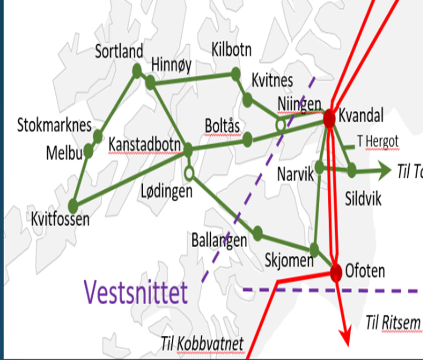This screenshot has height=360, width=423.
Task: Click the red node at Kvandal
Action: tap(330, 118)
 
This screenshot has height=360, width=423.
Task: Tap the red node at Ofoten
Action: tap(336, 272)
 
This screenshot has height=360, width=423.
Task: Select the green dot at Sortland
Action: tap(137, 70)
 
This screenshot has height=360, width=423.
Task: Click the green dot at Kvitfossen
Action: tap(74, 204)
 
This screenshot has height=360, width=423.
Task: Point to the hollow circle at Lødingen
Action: tap(189, 172)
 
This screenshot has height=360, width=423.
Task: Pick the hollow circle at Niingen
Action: tap(281, 125)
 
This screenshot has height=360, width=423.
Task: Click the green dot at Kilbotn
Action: tap(235, 74)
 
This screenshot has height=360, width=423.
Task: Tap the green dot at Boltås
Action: tap(248, 140)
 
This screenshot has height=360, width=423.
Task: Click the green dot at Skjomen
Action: tap(314, 249)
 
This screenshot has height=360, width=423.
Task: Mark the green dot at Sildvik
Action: tap(351, 170)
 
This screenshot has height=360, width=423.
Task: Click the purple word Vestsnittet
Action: tap(136, 292)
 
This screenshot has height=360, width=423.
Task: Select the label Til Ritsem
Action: tap(394, 321)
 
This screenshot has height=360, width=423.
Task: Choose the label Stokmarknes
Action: tap(54, 125)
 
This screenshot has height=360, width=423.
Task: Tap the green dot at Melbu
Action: tap(88, 152)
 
